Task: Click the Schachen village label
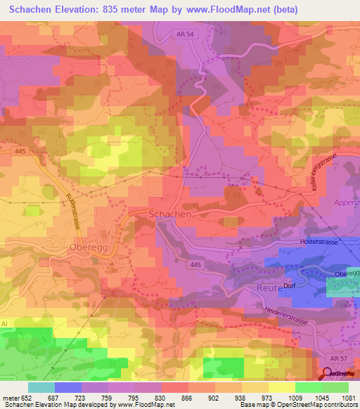click(x=169, y=214)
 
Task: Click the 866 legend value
click(x=186, y=398)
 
